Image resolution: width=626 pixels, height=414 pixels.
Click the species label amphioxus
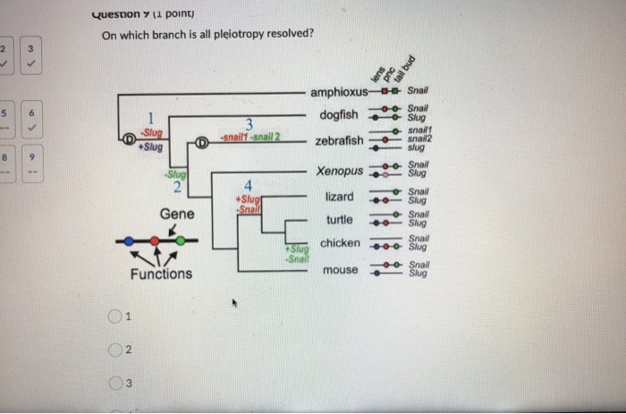coord(339,92)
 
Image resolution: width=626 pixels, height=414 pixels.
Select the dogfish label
coord(338,114)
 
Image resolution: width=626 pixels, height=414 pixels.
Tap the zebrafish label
coord(339,140)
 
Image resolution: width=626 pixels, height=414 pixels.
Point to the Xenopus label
coord(340,171)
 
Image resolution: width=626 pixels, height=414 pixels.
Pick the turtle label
coord(339,219)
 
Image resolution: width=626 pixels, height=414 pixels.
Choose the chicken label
coord(340,242)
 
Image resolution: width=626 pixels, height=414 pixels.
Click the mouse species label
coord(339,269)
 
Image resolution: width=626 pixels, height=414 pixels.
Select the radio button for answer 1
coord(114,317)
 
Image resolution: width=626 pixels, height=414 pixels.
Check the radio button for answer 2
coord(114,351)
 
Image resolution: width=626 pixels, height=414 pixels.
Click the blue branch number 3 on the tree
coord(250,123)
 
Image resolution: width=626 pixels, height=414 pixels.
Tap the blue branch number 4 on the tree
coord(249,186)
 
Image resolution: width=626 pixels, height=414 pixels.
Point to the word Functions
coord(161,274)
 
